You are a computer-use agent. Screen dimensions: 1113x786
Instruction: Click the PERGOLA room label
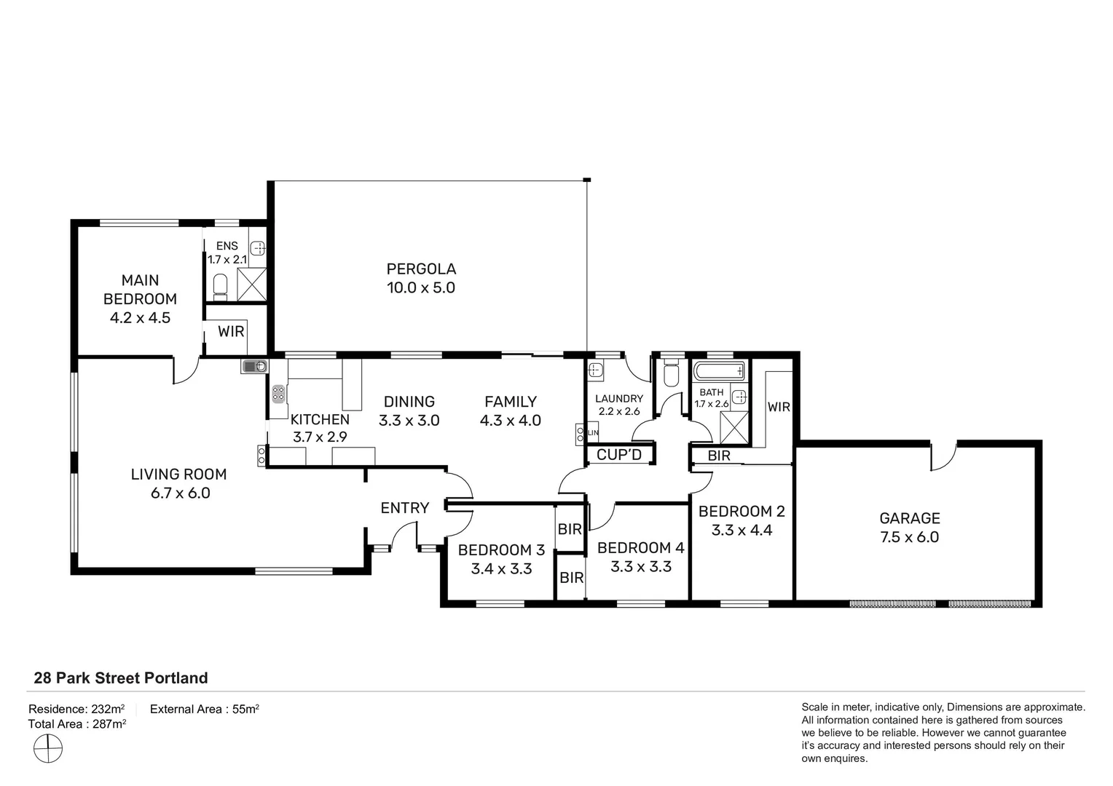coord(421,269)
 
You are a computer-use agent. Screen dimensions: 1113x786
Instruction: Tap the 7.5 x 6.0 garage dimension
coord(909,537)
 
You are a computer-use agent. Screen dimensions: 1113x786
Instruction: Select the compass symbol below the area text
coord(48,748)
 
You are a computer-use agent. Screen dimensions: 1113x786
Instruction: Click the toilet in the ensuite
coord(220,287)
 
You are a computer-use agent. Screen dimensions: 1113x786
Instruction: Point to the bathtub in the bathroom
coord(719,371)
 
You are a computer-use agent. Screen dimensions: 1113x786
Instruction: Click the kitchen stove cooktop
coord(278,394)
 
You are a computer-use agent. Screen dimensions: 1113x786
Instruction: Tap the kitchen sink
coord(254,366)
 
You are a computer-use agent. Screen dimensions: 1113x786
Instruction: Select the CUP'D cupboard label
coord(618,455)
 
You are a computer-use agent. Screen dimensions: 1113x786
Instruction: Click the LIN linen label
coord(593,433)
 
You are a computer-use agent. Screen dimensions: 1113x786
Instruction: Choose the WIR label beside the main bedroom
coord(231,331)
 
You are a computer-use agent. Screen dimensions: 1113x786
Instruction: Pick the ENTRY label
coord(404,508)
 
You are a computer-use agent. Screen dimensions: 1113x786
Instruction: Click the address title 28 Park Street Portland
coord(121,678)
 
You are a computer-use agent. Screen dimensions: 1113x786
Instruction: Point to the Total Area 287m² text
coord(77,724)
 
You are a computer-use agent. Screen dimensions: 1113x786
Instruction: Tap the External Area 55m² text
coord(204,709)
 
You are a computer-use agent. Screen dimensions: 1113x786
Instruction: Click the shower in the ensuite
coord(252,285)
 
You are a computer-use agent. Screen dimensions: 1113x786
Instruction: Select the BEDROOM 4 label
coord(640,548)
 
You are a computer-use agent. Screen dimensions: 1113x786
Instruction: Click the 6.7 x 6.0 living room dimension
coord(181,493)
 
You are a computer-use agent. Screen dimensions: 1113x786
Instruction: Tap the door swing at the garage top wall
coord(943,458)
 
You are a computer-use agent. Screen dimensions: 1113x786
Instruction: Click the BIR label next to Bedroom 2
coord(718,456)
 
